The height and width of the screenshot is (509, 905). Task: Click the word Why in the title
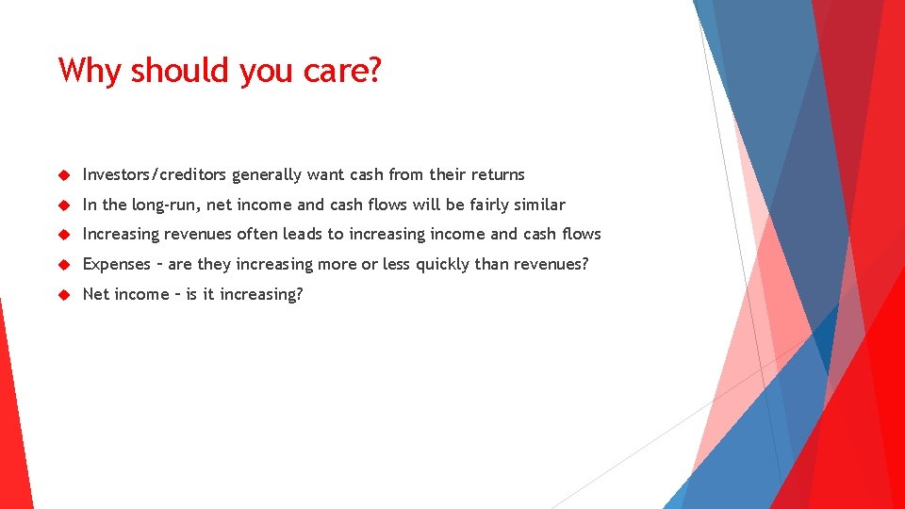click(x=90, y=71)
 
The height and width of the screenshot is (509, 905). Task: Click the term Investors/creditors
click(x=155, y=174)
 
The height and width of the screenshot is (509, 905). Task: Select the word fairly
click(x=488, y=205)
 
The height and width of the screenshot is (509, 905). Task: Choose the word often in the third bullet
click(x=257, y=234)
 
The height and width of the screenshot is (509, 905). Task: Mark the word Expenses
click(x=117, y=264)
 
